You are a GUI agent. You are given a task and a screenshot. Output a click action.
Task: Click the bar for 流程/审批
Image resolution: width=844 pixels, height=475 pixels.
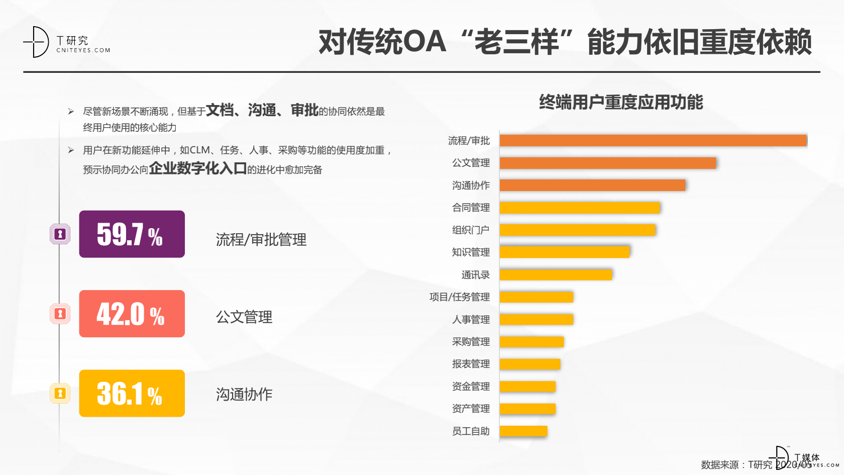[x=653, y=141]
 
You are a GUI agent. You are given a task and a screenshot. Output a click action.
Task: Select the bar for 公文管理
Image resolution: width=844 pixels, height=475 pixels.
[x=608, y=163]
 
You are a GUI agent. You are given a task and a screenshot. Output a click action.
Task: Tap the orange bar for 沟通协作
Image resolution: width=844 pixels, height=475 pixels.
[x=592, y=185]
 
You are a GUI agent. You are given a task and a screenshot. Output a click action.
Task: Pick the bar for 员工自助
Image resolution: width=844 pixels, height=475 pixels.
[x=523, y=431]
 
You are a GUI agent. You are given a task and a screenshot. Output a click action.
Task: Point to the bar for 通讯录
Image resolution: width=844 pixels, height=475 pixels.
[x=556, y=274]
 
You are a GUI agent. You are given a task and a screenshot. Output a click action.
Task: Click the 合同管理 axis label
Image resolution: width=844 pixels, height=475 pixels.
[x=471, y=208]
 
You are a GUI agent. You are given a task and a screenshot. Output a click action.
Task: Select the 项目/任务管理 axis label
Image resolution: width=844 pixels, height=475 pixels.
[x=459, y=297]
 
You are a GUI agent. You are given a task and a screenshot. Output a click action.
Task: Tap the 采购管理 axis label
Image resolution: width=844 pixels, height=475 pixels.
[x=471, y=342]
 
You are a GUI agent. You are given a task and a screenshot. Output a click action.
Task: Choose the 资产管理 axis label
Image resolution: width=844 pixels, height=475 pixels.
[x=471, y=409]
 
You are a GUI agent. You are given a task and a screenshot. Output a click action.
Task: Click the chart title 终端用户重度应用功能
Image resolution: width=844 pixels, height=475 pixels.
[x=621, y=102]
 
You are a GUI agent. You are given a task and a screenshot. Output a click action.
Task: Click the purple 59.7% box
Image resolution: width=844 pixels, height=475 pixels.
[x=132, y=234]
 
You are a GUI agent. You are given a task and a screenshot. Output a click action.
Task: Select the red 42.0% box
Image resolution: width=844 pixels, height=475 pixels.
[x=132, y=314]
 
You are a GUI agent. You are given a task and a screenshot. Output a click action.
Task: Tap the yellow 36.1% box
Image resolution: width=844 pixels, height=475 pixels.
[x=132, y=393]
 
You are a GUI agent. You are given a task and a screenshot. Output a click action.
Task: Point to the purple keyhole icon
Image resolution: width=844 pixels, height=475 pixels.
[x=60, y=234]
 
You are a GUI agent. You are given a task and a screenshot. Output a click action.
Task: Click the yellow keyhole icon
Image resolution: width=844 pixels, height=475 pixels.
[x=60, y=393]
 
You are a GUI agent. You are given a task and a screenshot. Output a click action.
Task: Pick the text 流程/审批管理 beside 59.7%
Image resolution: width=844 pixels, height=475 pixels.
[x=261, y=240]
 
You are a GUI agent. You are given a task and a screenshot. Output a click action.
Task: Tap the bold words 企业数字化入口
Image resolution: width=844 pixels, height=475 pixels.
[x=197, y=168]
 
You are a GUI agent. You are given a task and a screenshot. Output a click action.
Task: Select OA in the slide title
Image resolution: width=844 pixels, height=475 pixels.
[x=425, y=42]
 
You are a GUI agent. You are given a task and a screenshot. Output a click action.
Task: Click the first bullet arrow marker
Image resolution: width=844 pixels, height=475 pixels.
[x=71, y=111]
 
